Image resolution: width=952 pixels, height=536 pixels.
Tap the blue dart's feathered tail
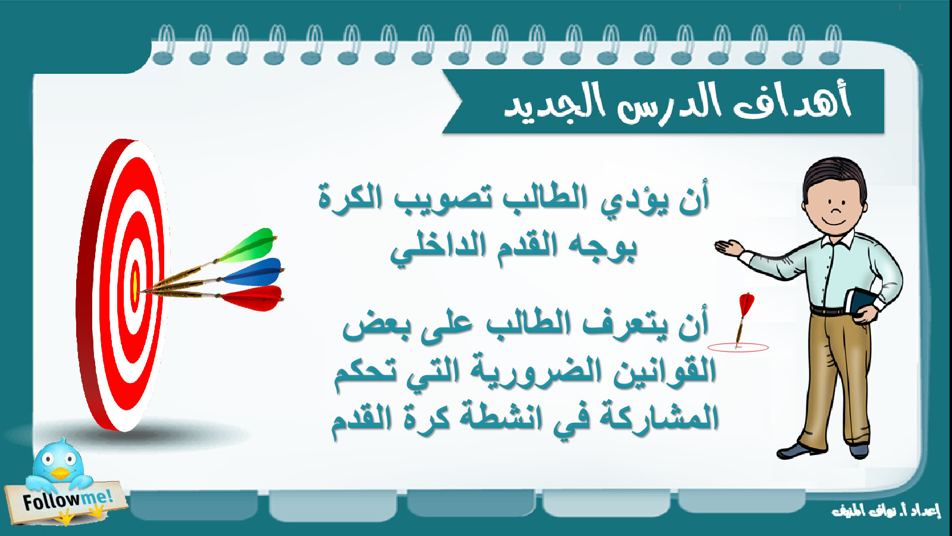pos(253,273)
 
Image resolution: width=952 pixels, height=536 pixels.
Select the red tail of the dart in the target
pos(252,298)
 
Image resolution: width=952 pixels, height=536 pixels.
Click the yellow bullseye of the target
pos(135,286)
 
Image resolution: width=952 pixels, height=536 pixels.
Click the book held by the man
pos(859,304)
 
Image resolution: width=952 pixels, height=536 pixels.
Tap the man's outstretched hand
pos(728,247)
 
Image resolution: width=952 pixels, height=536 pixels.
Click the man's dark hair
pos(834,179)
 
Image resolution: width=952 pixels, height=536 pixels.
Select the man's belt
pos(829,310)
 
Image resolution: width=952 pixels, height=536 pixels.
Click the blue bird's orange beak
pos(61,473)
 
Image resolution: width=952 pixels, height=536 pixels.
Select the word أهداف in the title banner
pos(791,101)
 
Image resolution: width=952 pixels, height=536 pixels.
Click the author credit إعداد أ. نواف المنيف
pos(886,510)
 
